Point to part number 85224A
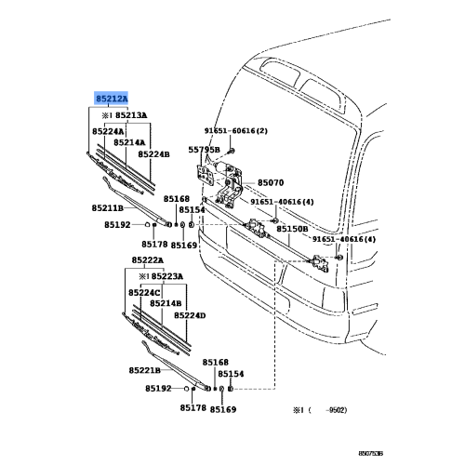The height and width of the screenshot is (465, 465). coord(110,132)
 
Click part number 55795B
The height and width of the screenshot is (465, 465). coord(204,149)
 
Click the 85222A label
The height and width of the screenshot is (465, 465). coord(148,261)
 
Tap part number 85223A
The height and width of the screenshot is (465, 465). coord(163,276)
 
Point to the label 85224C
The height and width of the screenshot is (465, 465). coord(147,292)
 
